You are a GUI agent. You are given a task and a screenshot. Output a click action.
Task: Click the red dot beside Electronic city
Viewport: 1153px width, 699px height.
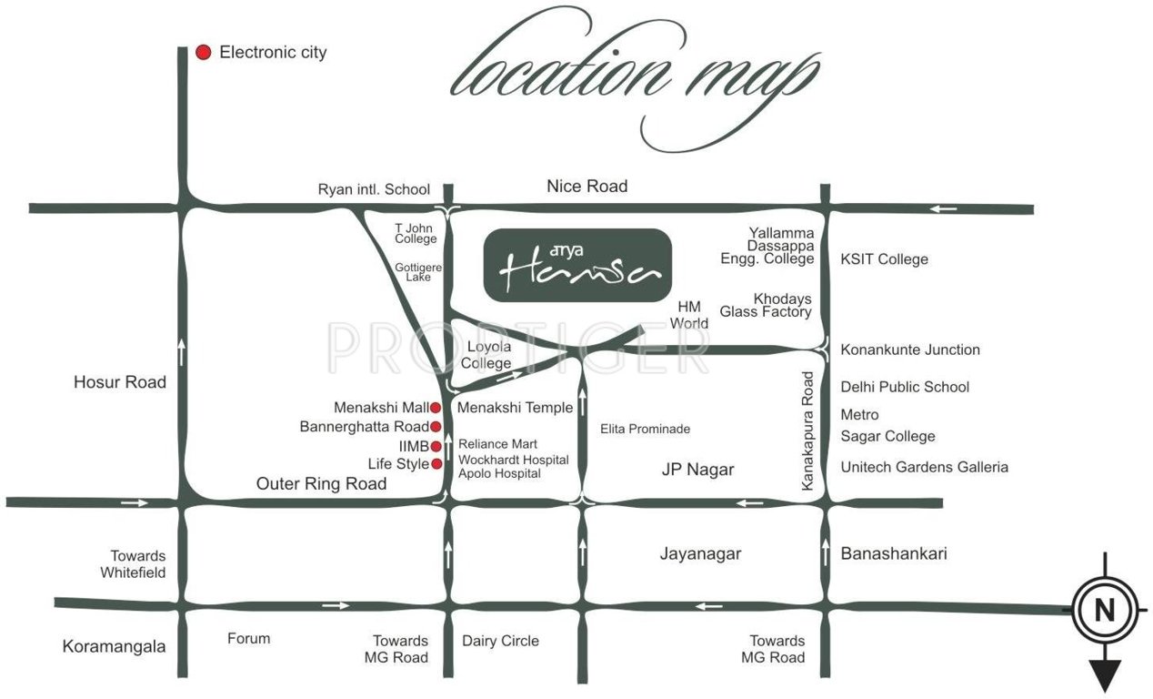pos(204,53)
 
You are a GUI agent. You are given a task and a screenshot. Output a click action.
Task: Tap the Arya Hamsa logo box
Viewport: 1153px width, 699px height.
pos(576,265)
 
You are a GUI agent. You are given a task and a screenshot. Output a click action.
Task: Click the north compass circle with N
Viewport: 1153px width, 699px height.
pos(1105,612)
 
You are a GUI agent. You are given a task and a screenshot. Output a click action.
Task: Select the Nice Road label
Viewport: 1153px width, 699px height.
pos(587,187)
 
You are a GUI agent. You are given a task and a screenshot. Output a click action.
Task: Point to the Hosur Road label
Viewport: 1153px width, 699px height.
pos(120,382)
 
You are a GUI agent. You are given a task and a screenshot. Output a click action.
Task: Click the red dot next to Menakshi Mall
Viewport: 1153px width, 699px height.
pos(436,408)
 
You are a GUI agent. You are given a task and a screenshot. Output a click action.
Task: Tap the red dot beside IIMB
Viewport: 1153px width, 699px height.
pos(436,446)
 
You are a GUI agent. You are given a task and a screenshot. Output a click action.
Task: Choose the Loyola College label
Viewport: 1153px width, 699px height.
pos(488,355)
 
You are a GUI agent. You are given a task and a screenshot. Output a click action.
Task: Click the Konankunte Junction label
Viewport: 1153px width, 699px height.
pos(910,349)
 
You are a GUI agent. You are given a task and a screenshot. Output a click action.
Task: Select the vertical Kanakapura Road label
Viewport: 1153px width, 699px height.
pos(807,431)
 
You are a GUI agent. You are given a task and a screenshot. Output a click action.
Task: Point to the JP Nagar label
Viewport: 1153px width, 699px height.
pos(697,471)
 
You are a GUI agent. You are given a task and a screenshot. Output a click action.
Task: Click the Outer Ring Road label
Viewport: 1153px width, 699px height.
pos(321,484)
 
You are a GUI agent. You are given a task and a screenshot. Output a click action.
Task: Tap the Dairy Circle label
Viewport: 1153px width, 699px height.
pos(500,641)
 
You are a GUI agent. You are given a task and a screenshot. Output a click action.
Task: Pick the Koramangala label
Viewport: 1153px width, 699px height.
pos(114,647)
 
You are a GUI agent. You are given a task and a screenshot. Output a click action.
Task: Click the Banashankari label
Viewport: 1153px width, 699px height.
pos(894,553)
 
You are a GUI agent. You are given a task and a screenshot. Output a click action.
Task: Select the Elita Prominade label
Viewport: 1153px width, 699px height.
pos(646,429)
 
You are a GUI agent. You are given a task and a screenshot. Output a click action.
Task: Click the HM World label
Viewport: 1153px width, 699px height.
pos(688,315)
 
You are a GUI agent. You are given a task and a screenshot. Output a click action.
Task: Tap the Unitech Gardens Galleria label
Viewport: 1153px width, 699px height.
pos(924,467)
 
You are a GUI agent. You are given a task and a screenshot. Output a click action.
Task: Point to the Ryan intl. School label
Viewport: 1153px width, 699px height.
pos(374,189)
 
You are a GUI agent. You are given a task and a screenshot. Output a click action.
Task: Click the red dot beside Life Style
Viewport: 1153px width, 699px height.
pos(436,464)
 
